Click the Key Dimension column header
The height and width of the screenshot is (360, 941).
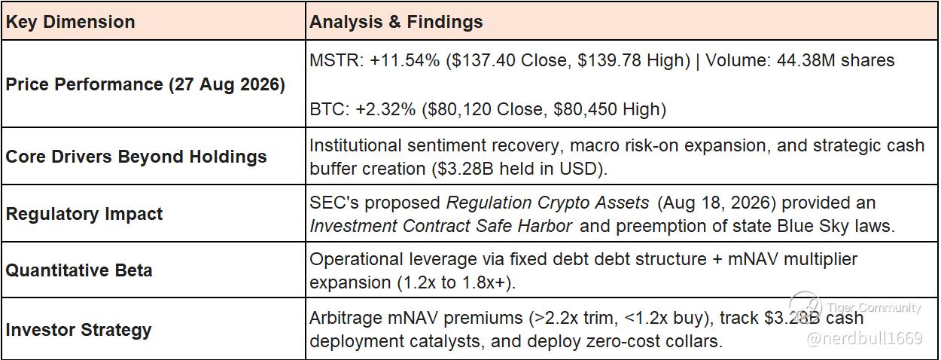coord(71,22)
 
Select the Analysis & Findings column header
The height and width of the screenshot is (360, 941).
coord(396,22)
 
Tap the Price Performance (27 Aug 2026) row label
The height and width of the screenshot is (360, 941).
coord(145,84)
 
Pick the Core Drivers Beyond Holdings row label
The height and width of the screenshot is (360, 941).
coord(136,157)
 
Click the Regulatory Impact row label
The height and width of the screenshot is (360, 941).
coord(84,214)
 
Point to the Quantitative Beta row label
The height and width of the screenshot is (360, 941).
coord(79,270)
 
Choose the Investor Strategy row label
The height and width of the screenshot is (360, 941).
coord(78,330)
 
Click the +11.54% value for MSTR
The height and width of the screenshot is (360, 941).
coord(404,60)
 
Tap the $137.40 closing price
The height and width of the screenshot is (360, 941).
coord(481,61)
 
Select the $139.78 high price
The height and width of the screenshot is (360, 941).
coord(609,61)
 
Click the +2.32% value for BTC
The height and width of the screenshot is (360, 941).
coord(385,110)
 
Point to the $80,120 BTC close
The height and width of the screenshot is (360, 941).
coord(457,110)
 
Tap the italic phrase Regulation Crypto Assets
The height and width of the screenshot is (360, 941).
coord(547,203)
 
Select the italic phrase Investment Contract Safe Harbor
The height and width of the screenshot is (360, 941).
coord(440,226)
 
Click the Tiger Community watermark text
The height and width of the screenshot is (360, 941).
coord(874,307)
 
